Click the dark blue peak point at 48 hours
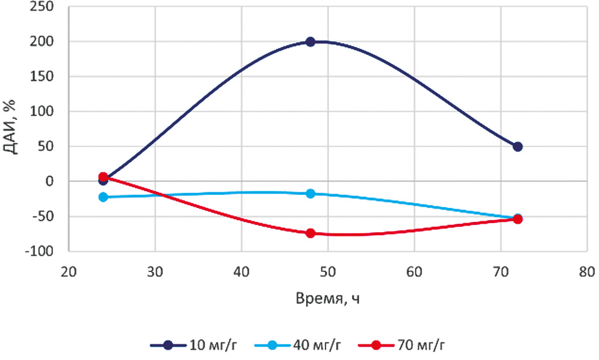coord(310,42)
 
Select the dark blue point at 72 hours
coord(518,147)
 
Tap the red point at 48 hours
coord(310,233)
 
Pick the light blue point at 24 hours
coord(103,197)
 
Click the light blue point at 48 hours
coord(310,194)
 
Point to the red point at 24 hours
coord(103,177)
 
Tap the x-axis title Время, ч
coord(327,300)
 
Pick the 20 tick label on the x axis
coord(69,271)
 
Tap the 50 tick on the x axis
coord(328,271)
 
